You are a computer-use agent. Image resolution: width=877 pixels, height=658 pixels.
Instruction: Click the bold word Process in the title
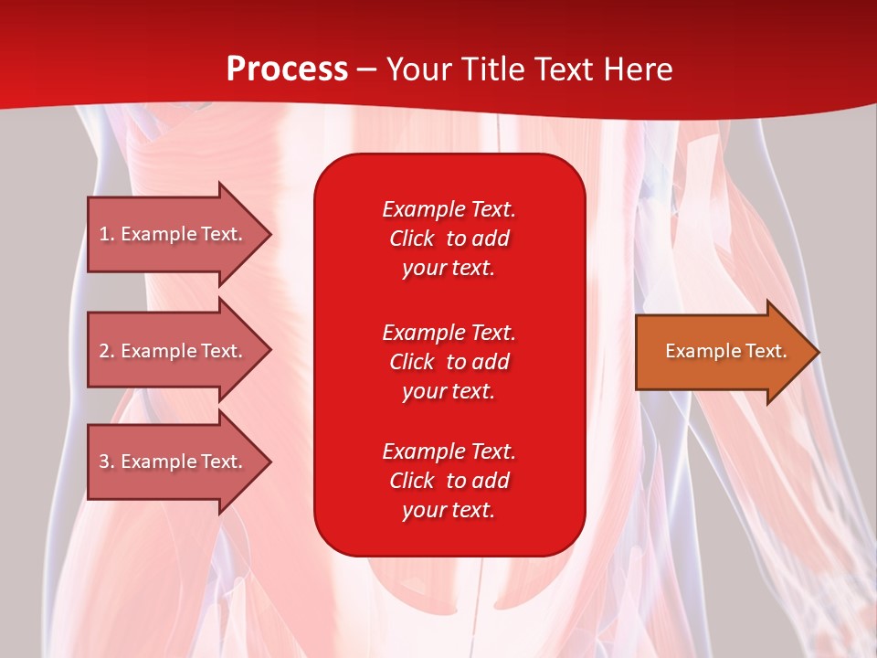(287, 69)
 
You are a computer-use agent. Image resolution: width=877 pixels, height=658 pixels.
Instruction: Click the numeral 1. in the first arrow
(107, 234)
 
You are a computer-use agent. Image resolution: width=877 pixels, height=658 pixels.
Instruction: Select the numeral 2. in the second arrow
(107, 351)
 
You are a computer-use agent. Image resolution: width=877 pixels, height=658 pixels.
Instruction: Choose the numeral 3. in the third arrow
(107, 462)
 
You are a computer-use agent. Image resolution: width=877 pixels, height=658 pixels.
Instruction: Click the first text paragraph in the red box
(449, 239)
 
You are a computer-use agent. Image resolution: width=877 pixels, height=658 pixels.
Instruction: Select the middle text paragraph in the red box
(449, 362)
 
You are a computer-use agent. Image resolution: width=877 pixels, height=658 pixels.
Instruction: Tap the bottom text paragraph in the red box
(449, 481)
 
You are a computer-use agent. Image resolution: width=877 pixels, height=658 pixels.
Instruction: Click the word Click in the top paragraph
(411, 239)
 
